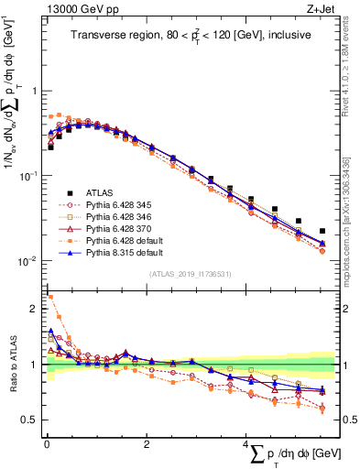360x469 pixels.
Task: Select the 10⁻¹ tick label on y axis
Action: point(26,176)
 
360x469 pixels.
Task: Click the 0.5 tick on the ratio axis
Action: point(27,420)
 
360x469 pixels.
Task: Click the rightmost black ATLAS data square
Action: point(322,232)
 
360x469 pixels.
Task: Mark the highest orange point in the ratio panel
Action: point(49,297)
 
